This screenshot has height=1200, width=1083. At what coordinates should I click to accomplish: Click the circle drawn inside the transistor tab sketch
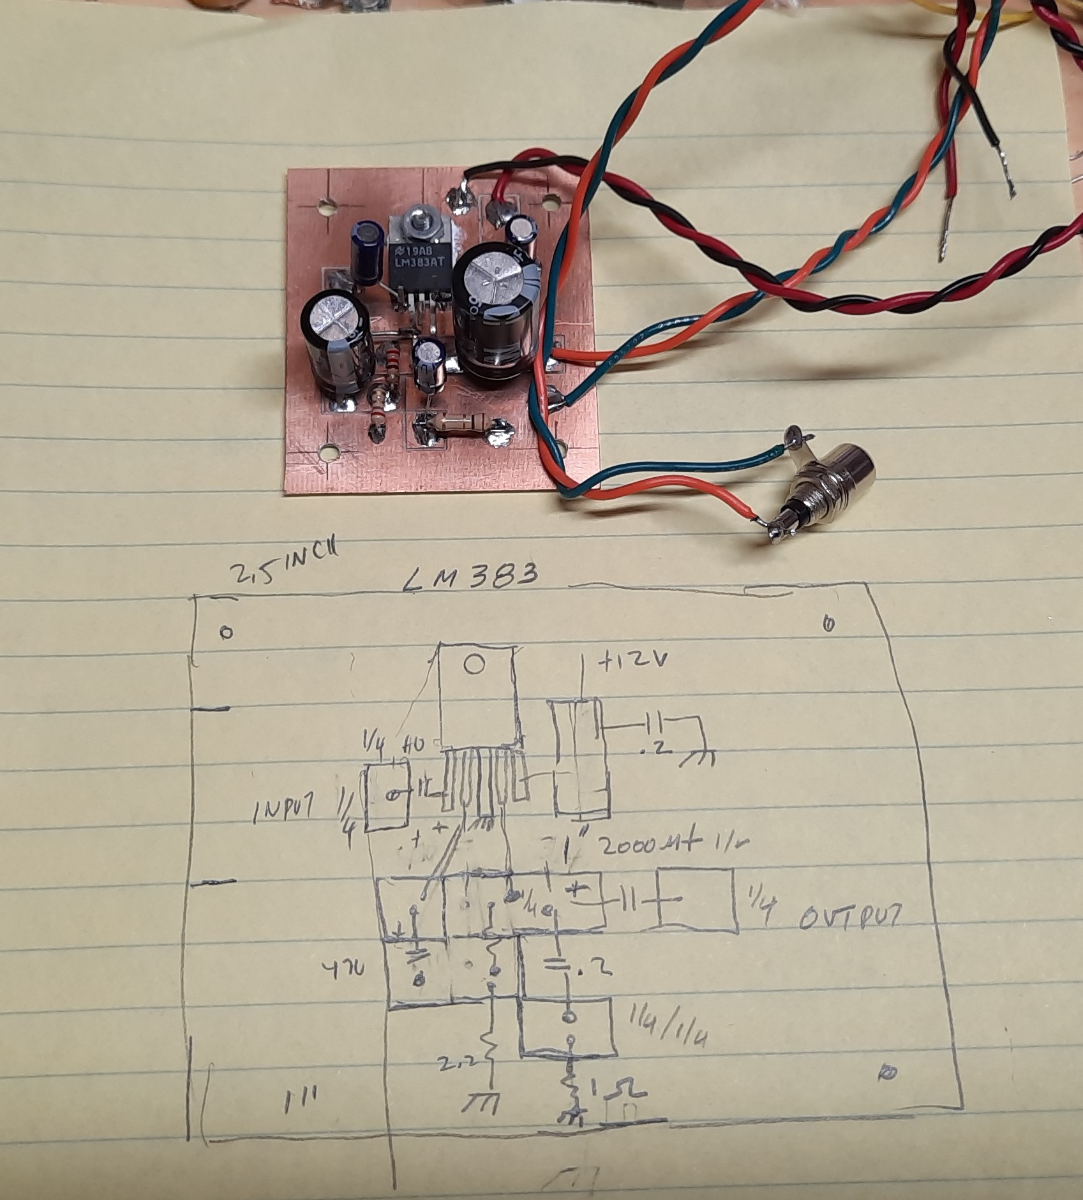[474, 666]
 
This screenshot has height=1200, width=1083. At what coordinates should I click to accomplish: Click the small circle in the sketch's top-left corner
[225, 632]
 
